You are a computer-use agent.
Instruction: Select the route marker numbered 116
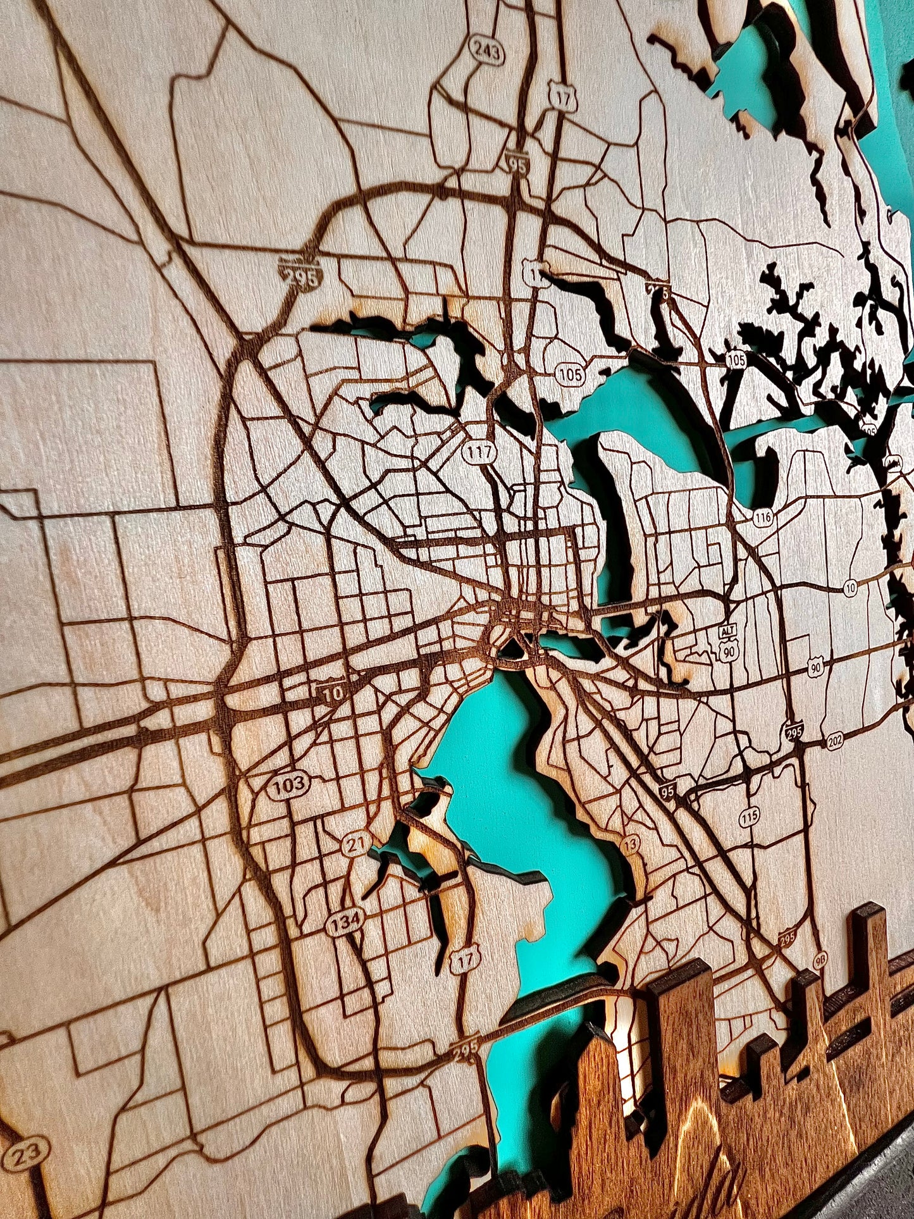(763, 517)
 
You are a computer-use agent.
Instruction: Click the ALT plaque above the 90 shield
(728, 631)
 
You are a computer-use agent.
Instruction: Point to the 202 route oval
(836, 740)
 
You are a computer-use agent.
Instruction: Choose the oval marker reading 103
(289, 786)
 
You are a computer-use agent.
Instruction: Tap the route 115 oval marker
(750, 816)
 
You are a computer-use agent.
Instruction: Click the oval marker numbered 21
(357, 844)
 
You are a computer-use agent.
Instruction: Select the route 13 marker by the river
(630, 843)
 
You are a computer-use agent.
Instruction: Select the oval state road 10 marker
(850, 588)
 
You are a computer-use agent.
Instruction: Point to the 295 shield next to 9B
(787, 937)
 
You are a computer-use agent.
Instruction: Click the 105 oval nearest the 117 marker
(571, 374)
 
